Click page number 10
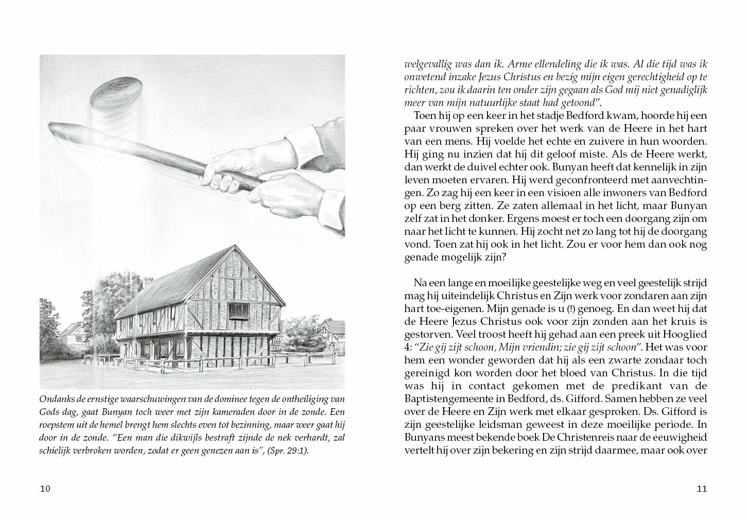pyautogui.click(x=45, y=489)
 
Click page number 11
pyautogui.click(x=702, y=489)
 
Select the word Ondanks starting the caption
pyautogui.click(x=55, y=399)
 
